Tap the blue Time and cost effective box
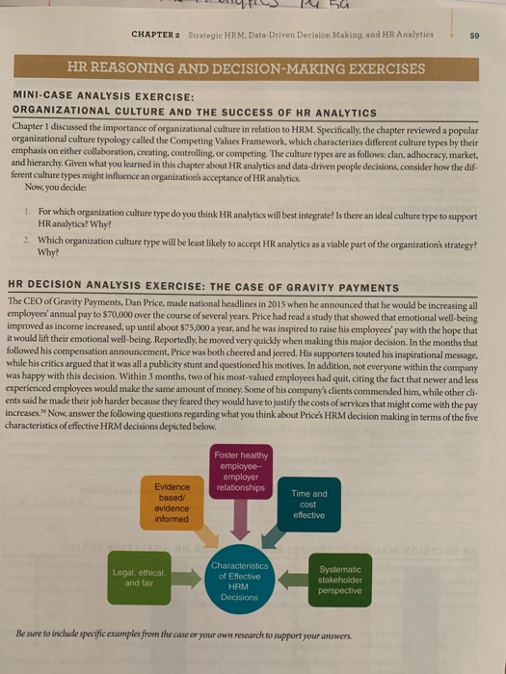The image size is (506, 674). pyautogui.click(x=307, y=504)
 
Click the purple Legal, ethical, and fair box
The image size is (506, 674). pyautogui.click(x=141, y=579)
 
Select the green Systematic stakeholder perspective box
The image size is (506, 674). pyautogui.click(x=342, y=578)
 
